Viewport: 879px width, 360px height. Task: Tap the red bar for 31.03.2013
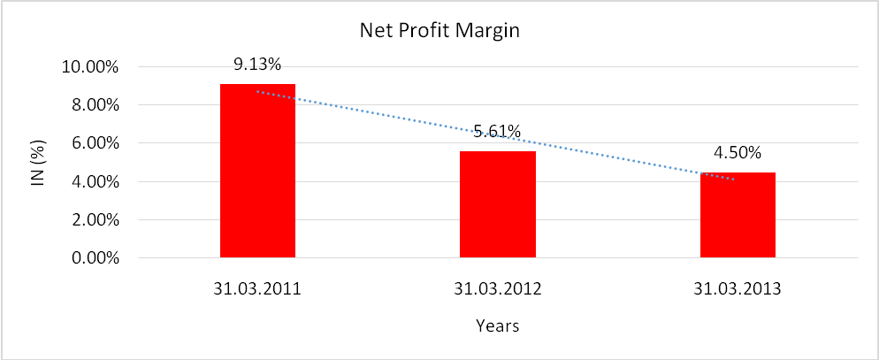[x=738, y=216]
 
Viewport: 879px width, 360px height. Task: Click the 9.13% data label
[x=257, y=65]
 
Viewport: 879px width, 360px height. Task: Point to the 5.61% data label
[x=497, y=133]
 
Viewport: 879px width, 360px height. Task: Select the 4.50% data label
[x=738, y=152]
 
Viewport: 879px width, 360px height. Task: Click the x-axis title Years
[x=496, y=326]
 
